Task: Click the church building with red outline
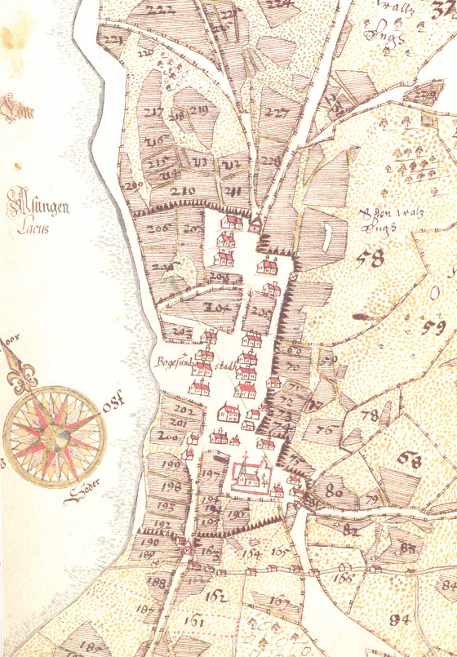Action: pos(249,472)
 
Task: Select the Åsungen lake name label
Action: pos(38,205)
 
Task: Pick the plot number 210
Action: pos(184,192)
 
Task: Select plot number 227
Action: pos(277,113)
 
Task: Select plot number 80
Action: pos(333,491)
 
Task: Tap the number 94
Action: pos(399,619)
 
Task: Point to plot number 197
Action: pos(209,475)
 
